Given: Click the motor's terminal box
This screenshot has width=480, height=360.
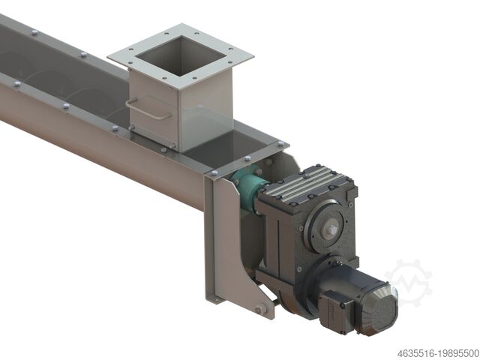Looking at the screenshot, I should click(x=337, y=307).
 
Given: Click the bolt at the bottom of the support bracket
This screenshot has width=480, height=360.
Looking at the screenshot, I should click(x=258, y=308).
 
